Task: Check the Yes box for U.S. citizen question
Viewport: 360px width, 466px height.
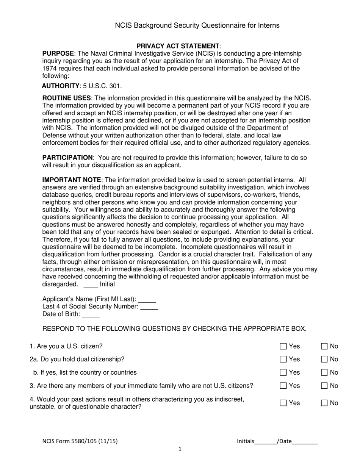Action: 283,346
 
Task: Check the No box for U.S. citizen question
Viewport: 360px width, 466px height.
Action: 324,346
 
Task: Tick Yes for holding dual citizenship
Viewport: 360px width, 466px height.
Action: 283,359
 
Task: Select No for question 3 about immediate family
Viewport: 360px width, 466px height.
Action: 324,386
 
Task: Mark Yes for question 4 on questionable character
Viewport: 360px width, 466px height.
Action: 283,403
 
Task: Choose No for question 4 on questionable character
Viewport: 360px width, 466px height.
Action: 324,403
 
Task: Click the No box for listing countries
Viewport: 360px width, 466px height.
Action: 324,372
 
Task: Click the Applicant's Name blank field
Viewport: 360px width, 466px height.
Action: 147,299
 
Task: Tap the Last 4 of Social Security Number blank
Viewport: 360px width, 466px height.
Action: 149,307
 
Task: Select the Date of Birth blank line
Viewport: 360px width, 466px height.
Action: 91,314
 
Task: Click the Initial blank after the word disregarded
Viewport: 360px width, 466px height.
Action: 91,285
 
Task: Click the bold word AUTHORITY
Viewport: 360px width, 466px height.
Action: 61,86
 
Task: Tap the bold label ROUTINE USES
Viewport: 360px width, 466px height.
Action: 67,98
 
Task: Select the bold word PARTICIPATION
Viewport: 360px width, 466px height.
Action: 67,158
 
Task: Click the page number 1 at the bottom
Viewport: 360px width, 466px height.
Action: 180,449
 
